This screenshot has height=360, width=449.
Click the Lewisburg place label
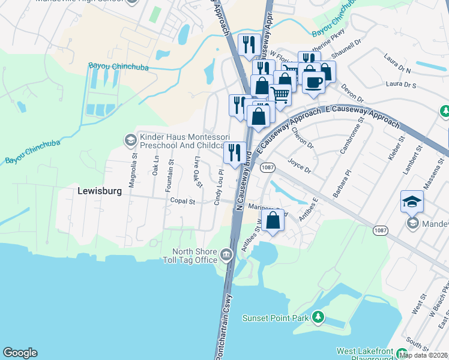100,191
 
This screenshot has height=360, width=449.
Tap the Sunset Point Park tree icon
318,316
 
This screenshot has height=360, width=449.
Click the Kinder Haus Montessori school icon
130,140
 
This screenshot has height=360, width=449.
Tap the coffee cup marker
313,82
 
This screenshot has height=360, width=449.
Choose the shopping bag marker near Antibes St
273,220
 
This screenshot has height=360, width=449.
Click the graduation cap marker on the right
412,202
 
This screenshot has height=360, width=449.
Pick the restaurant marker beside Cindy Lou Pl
234,152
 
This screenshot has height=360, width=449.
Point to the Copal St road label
183,201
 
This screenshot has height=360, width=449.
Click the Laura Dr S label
402,85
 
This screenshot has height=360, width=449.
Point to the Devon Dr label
352,92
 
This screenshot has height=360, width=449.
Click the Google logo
20,353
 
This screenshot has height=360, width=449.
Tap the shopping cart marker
280,94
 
